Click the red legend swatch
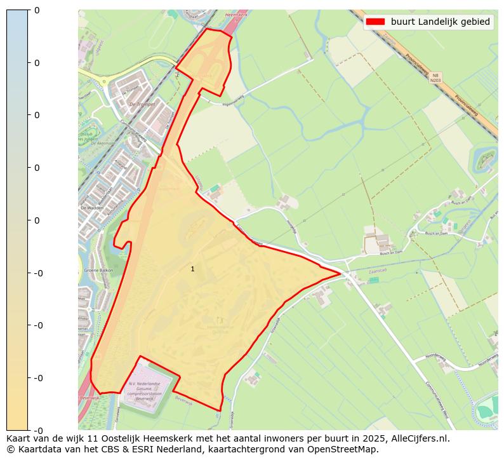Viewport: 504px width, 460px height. (x=375, y=22)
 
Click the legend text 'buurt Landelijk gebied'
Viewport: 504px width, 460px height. (x=441, y=22)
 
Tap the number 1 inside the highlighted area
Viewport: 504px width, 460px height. (x=192, y=269)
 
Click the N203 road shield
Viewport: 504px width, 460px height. (x=435, y=78)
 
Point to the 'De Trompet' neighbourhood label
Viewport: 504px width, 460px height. (x=142, y=104)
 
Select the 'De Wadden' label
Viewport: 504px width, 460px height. (x=91, y=208)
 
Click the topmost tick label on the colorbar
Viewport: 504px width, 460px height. (x=36, y=10)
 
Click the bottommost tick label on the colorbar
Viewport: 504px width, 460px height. (x=36, y=430)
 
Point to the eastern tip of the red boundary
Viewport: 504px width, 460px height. (x=342, y=274)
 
